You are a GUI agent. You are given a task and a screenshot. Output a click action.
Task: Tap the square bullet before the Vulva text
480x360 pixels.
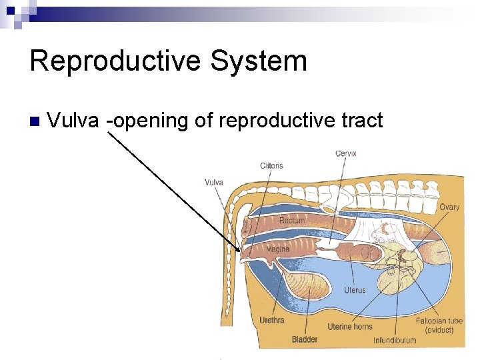pyautogui.click(x=35, y=121)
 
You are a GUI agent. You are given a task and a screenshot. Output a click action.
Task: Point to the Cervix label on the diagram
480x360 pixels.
pyautogui.click(x=345, y=153)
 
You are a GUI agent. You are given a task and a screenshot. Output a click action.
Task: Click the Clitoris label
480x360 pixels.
pyautogui.click(x=271, y=165)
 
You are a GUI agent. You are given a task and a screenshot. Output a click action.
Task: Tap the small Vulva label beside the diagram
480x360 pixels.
pyautogui.click(x=213, y=182)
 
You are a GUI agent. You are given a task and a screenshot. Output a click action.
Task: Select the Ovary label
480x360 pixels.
pyautogui.click(x=449, y=207)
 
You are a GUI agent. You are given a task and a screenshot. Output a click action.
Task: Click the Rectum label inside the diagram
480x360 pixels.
pyautogui.click(x=292, y=220)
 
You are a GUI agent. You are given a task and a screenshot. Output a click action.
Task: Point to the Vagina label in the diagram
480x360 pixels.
pyautogui.click(x=278, y=249)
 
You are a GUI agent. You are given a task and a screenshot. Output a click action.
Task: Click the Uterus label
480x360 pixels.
pyautogui.click(x=355, y=290)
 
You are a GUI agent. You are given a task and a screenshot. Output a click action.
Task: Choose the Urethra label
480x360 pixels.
pyautogui.click(x=271, y=320)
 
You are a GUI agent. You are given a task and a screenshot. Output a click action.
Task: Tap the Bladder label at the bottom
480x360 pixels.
pyautogui.click(x=305, y=339)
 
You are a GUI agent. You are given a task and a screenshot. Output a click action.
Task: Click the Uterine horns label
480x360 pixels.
pyautogui.click(x=350, y=327)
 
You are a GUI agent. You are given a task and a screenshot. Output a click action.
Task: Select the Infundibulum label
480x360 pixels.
pyautogui.click(x=394, y=340)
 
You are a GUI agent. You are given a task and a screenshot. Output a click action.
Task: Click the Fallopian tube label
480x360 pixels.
pyautogui.click(x=439, y=321)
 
